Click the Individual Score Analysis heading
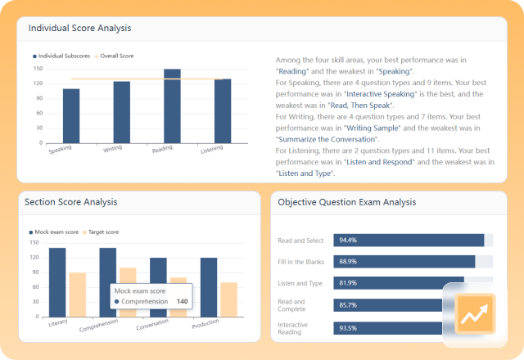pyautogui.click(x=79, y=28)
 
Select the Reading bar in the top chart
pyautogui.click(x=172, y=106)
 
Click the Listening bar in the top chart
pyautogui.click(x=223, y=110)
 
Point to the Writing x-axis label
pyautogui.click(x=114, y=150)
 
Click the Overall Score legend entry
pyautogui.click(x=115, y=56)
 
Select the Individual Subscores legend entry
pyautogui.click(x=63, y=56)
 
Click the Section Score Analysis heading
pyautogui.click(x=71, y=201)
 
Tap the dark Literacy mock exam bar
pyautogui.click(x=57, y=281)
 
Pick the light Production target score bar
pyautogui.click(x=228, y=299)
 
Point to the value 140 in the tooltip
pyautogui.click(x=182, y=301)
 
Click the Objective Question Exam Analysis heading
pyautogui.click(x=346, y=201)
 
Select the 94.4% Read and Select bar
pyautogui.click(x=408, y=240)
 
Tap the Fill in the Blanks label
pyautogui.click(x=300, y=261)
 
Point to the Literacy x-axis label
pyautogui.click(x=58, y=322)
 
